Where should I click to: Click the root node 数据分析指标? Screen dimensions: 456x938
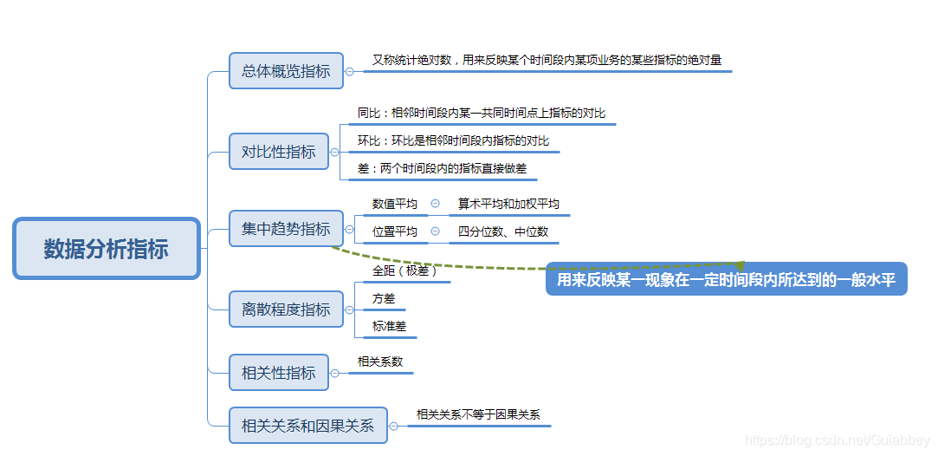click(107, 249)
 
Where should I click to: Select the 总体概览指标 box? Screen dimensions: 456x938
click(286, 71)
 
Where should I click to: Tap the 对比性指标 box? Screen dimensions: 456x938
click(279, 152)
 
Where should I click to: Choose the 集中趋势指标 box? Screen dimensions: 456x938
click(286, 229)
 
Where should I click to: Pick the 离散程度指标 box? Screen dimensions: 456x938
click(286, 309)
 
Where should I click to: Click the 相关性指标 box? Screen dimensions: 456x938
click(279, 372)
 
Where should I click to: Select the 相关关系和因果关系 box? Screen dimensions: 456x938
click(307, 425)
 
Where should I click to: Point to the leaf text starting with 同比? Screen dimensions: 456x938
click(482, 113)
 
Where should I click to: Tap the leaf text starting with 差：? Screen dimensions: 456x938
click(442, 168)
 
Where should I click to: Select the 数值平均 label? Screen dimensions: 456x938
click(395, 204)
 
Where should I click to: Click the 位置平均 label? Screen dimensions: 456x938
click(395, 231)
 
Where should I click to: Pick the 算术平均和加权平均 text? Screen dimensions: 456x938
click(508, 204)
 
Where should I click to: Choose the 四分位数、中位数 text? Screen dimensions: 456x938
click(503, 231)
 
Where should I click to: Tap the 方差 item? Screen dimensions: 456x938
click(384, 298)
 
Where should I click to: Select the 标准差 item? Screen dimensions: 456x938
click(389, 326)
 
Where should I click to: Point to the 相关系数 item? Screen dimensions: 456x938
click(380, 362)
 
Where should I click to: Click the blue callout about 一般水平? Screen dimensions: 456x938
click(726, 279)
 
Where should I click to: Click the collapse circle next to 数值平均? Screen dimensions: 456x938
click(435, 204)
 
